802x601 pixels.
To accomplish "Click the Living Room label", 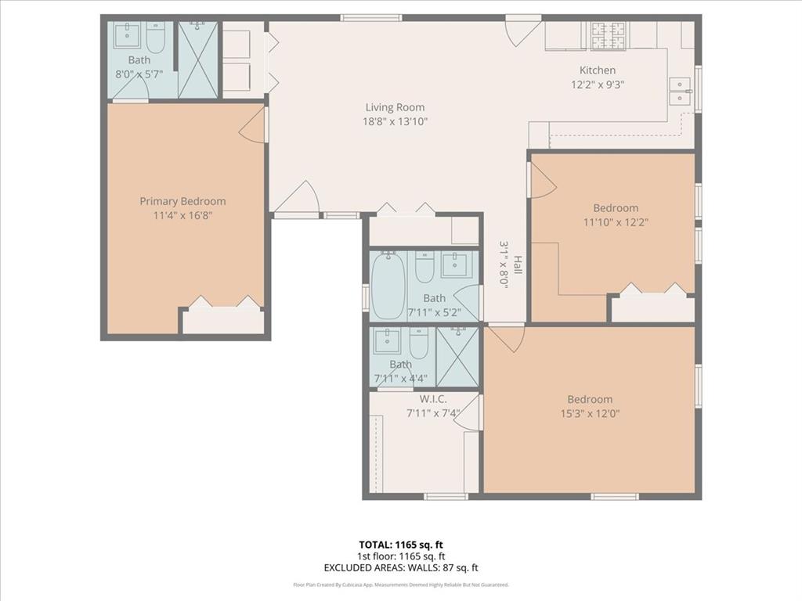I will (x=395, y=107).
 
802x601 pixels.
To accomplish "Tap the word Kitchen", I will (x=597, y=70).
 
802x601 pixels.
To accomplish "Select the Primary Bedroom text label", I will (x=182, y=201).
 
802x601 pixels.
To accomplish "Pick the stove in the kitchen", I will (x=609, y=34).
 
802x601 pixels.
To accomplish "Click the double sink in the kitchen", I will (x=681, y=92).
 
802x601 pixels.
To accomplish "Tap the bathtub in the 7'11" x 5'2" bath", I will (x=387, y=286).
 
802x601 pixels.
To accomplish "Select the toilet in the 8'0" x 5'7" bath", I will (x=155, y=38).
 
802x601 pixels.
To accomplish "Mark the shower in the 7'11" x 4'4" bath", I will (x=457, y=357).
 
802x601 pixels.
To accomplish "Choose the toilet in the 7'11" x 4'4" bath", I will (x=419, y=342).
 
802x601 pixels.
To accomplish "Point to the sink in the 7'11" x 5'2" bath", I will (x=455, y=265).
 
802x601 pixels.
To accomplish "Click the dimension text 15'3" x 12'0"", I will (x=590, y=415).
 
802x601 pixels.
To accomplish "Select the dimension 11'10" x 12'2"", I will (x=615, y=221).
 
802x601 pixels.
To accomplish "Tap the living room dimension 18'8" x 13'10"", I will (x=395, y=121).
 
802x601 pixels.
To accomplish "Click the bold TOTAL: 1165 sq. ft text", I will (x=400, y=545).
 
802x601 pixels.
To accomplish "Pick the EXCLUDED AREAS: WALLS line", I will (x=400, y=568).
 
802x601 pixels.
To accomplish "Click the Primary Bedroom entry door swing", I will (x=253, y=127).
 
